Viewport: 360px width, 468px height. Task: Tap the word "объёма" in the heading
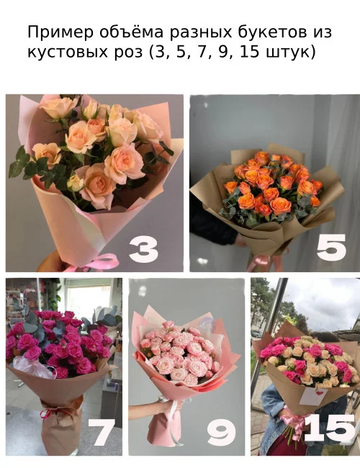[x=124, y=34]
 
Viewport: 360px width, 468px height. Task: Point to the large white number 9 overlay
[x=221, y=433]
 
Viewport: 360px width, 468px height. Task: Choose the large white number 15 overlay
[x=329, y=429]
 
